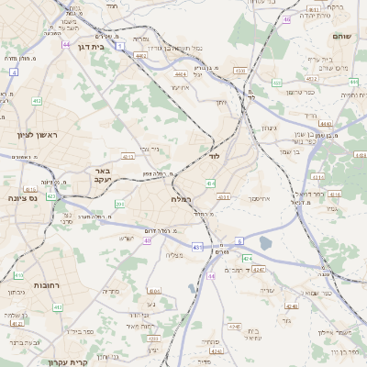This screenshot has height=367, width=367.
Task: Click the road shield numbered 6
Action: [x=240, y=240]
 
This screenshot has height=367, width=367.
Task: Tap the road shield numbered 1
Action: [x=119, y=46]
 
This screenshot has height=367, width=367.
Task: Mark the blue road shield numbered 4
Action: [x=13, y=71]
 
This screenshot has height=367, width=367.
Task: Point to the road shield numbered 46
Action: [x=287, y=18]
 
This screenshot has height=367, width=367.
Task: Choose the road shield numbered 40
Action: [x=148, y=240]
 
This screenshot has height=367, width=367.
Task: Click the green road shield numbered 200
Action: [x=119, y=204]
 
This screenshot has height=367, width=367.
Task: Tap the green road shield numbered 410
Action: [x=18, y=274]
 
